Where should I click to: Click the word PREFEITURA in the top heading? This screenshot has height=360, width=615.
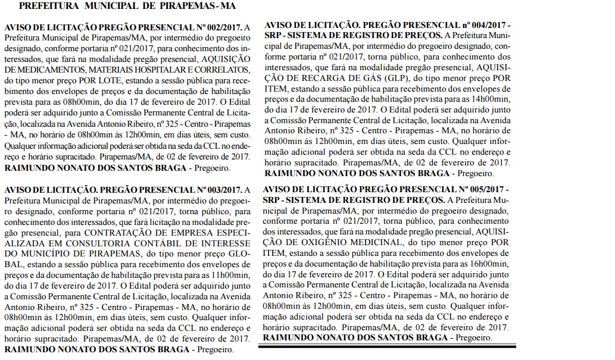[x=49, y=7]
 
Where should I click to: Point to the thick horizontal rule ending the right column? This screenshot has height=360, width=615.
[x=387, y=346]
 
